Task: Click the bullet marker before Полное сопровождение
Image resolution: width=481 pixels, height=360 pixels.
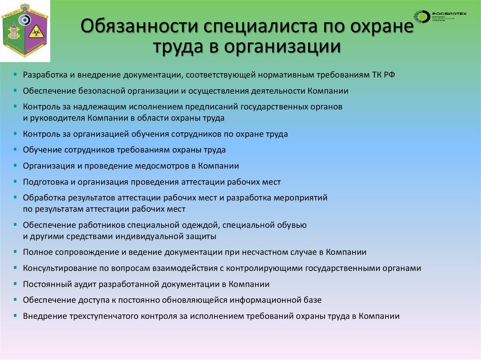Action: [x=16, y=252]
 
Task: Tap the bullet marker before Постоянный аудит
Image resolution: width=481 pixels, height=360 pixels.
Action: [x=16, y=284]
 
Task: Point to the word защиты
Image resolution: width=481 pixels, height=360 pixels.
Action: [x=203, y=236]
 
